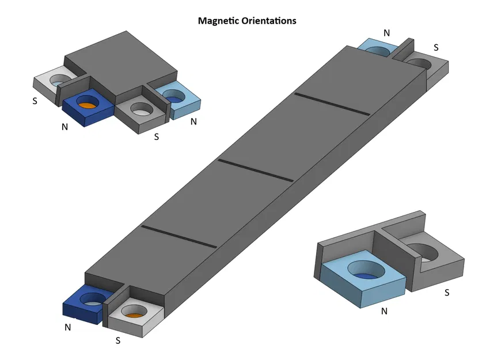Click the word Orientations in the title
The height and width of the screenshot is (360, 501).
(270, 21)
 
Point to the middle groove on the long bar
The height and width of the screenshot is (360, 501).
(256, 171)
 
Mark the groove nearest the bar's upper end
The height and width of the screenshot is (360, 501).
(331, 104)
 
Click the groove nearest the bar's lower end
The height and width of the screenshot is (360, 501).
(179, 237)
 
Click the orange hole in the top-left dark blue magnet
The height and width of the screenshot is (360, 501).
(88, 105)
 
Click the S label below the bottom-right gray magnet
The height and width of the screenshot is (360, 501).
(446, 293)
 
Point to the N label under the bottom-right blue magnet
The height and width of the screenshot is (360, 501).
(385, 311)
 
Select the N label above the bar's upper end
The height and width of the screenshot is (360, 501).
(386, 33)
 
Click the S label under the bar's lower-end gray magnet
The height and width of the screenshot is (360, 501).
(118, 340)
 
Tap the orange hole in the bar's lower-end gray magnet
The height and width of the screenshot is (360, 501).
(134, 315)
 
